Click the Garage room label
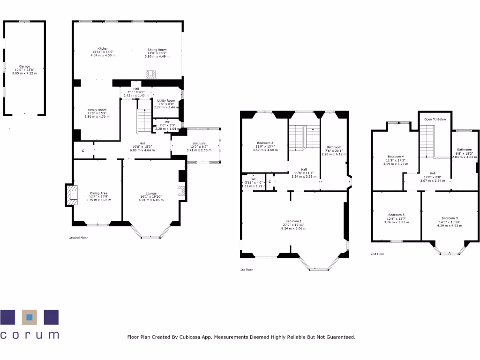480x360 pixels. point(24,67)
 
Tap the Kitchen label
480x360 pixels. point(103,49)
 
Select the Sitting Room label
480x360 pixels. point(157,50)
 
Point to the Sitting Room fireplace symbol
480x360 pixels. point(151,75)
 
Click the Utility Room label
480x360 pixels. point(166,101)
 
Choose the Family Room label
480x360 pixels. point(97,110)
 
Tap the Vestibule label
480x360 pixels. point(199,143)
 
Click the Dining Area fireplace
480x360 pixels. point(71,195)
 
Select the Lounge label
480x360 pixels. point(150,193)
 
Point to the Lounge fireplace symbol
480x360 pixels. point(180,190)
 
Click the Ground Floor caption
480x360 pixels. point(78,238)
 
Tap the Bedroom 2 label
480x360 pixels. point(265,143)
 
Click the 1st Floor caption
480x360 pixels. point(246,270)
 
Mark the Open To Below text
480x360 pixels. point(435,120)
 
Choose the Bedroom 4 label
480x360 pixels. point(396,157)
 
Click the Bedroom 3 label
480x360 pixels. point(450,218)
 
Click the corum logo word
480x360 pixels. point(30,335)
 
